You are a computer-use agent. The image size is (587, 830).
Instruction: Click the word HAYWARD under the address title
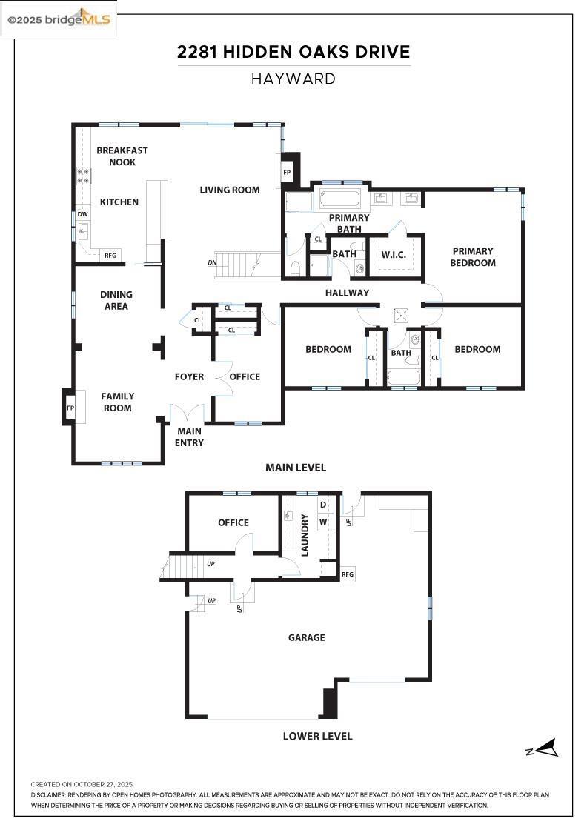[x=293, y=79]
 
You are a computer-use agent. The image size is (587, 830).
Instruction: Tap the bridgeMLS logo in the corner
[x=59, y=19]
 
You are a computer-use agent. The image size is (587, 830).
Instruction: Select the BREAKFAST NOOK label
[x=122, y=156]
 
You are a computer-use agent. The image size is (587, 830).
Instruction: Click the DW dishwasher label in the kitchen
[x=82, y=214]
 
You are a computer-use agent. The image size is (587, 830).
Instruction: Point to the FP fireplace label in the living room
[x=287, y=172]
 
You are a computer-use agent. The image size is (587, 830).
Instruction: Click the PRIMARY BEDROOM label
[x=473, y=257]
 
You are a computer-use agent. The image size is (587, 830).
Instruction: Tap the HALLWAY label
[x=347, y=293]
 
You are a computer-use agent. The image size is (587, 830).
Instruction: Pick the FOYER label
[x=189, y=376]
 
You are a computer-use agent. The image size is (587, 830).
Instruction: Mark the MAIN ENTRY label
[x=189, y=437]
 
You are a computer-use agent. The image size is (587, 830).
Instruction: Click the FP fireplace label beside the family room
[x=70, y=408]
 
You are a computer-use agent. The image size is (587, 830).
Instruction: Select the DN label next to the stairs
[x=212, y=263]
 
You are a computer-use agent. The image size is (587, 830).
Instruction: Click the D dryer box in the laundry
[x=322, y=505]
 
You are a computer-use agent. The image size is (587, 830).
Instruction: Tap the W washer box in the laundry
[x=322, y=522]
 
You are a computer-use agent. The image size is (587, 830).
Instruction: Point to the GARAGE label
[x=307, y=637]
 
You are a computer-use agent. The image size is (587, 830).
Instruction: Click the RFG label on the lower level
[x=348, y=574]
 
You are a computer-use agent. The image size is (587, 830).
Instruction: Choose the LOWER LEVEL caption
[x=317, y=736]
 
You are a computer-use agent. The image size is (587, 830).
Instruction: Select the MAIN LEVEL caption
[x=296, y=468]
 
